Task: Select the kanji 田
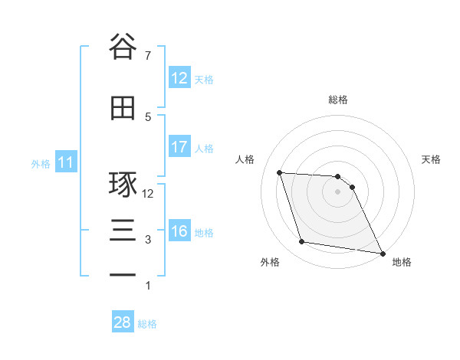tap(123, 108)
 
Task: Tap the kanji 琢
tap(123, 185)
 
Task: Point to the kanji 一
tap(123, 274)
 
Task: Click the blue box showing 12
tap(179, 77)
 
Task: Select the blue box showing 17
tap(179, 146)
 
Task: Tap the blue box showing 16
tap(179, 231)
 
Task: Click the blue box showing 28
tap(123, 322)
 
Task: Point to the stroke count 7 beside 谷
tap(148, 55)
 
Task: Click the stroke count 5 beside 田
tap(148, 116)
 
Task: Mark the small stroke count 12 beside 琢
tap(148, 194)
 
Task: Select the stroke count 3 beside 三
tap(148, 240)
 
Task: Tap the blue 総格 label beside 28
tap(147, 324)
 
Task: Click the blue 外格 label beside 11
tap(40, 163)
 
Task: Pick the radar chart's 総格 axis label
tap(337, 100)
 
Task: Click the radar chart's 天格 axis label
tap(431, 159)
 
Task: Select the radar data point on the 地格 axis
tap(382, 253)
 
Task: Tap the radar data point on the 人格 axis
tap(280, 172)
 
